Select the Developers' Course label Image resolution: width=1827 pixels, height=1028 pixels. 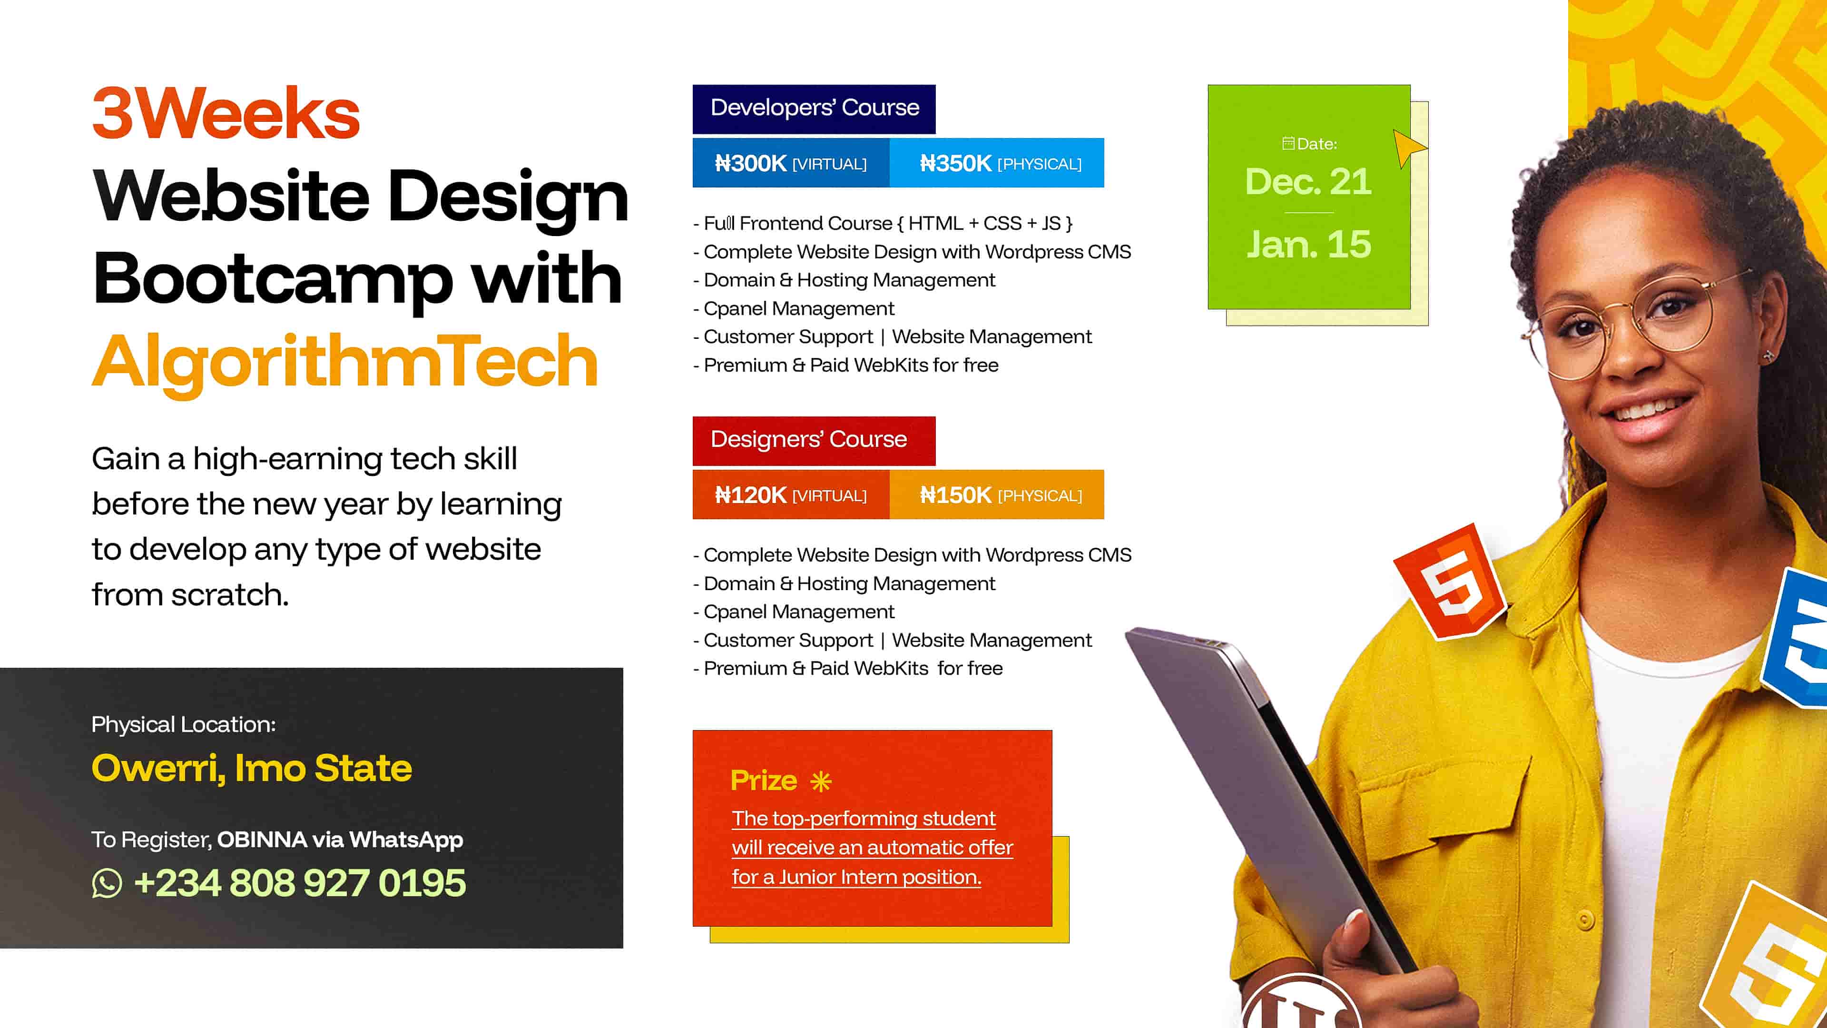point(814,108)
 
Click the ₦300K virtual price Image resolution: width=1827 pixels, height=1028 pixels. point(790,163)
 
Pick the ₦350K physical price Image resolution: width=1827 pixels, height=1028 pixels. point(1000,163)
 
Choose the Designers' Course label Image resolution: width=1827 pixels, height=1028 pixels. point(808,439)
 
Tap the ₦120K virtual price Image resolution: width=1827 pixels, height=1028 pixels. point(790,494)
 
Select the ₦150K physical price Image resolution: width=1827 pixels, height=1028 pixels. point(1000,494)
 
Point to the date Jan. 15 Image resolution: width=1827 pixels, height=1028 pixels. point(1308,245)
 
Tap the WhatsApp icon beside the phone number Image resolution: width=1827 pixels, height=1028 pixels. point(107,883)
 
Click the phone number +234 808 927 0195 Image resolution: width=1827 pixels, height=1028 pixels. point(299,883)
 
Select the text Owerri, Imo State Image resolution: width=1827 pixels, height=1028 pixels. point(252,768)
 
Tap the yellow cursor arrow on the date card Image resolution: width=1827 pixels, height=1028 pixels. point(1407,148)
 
